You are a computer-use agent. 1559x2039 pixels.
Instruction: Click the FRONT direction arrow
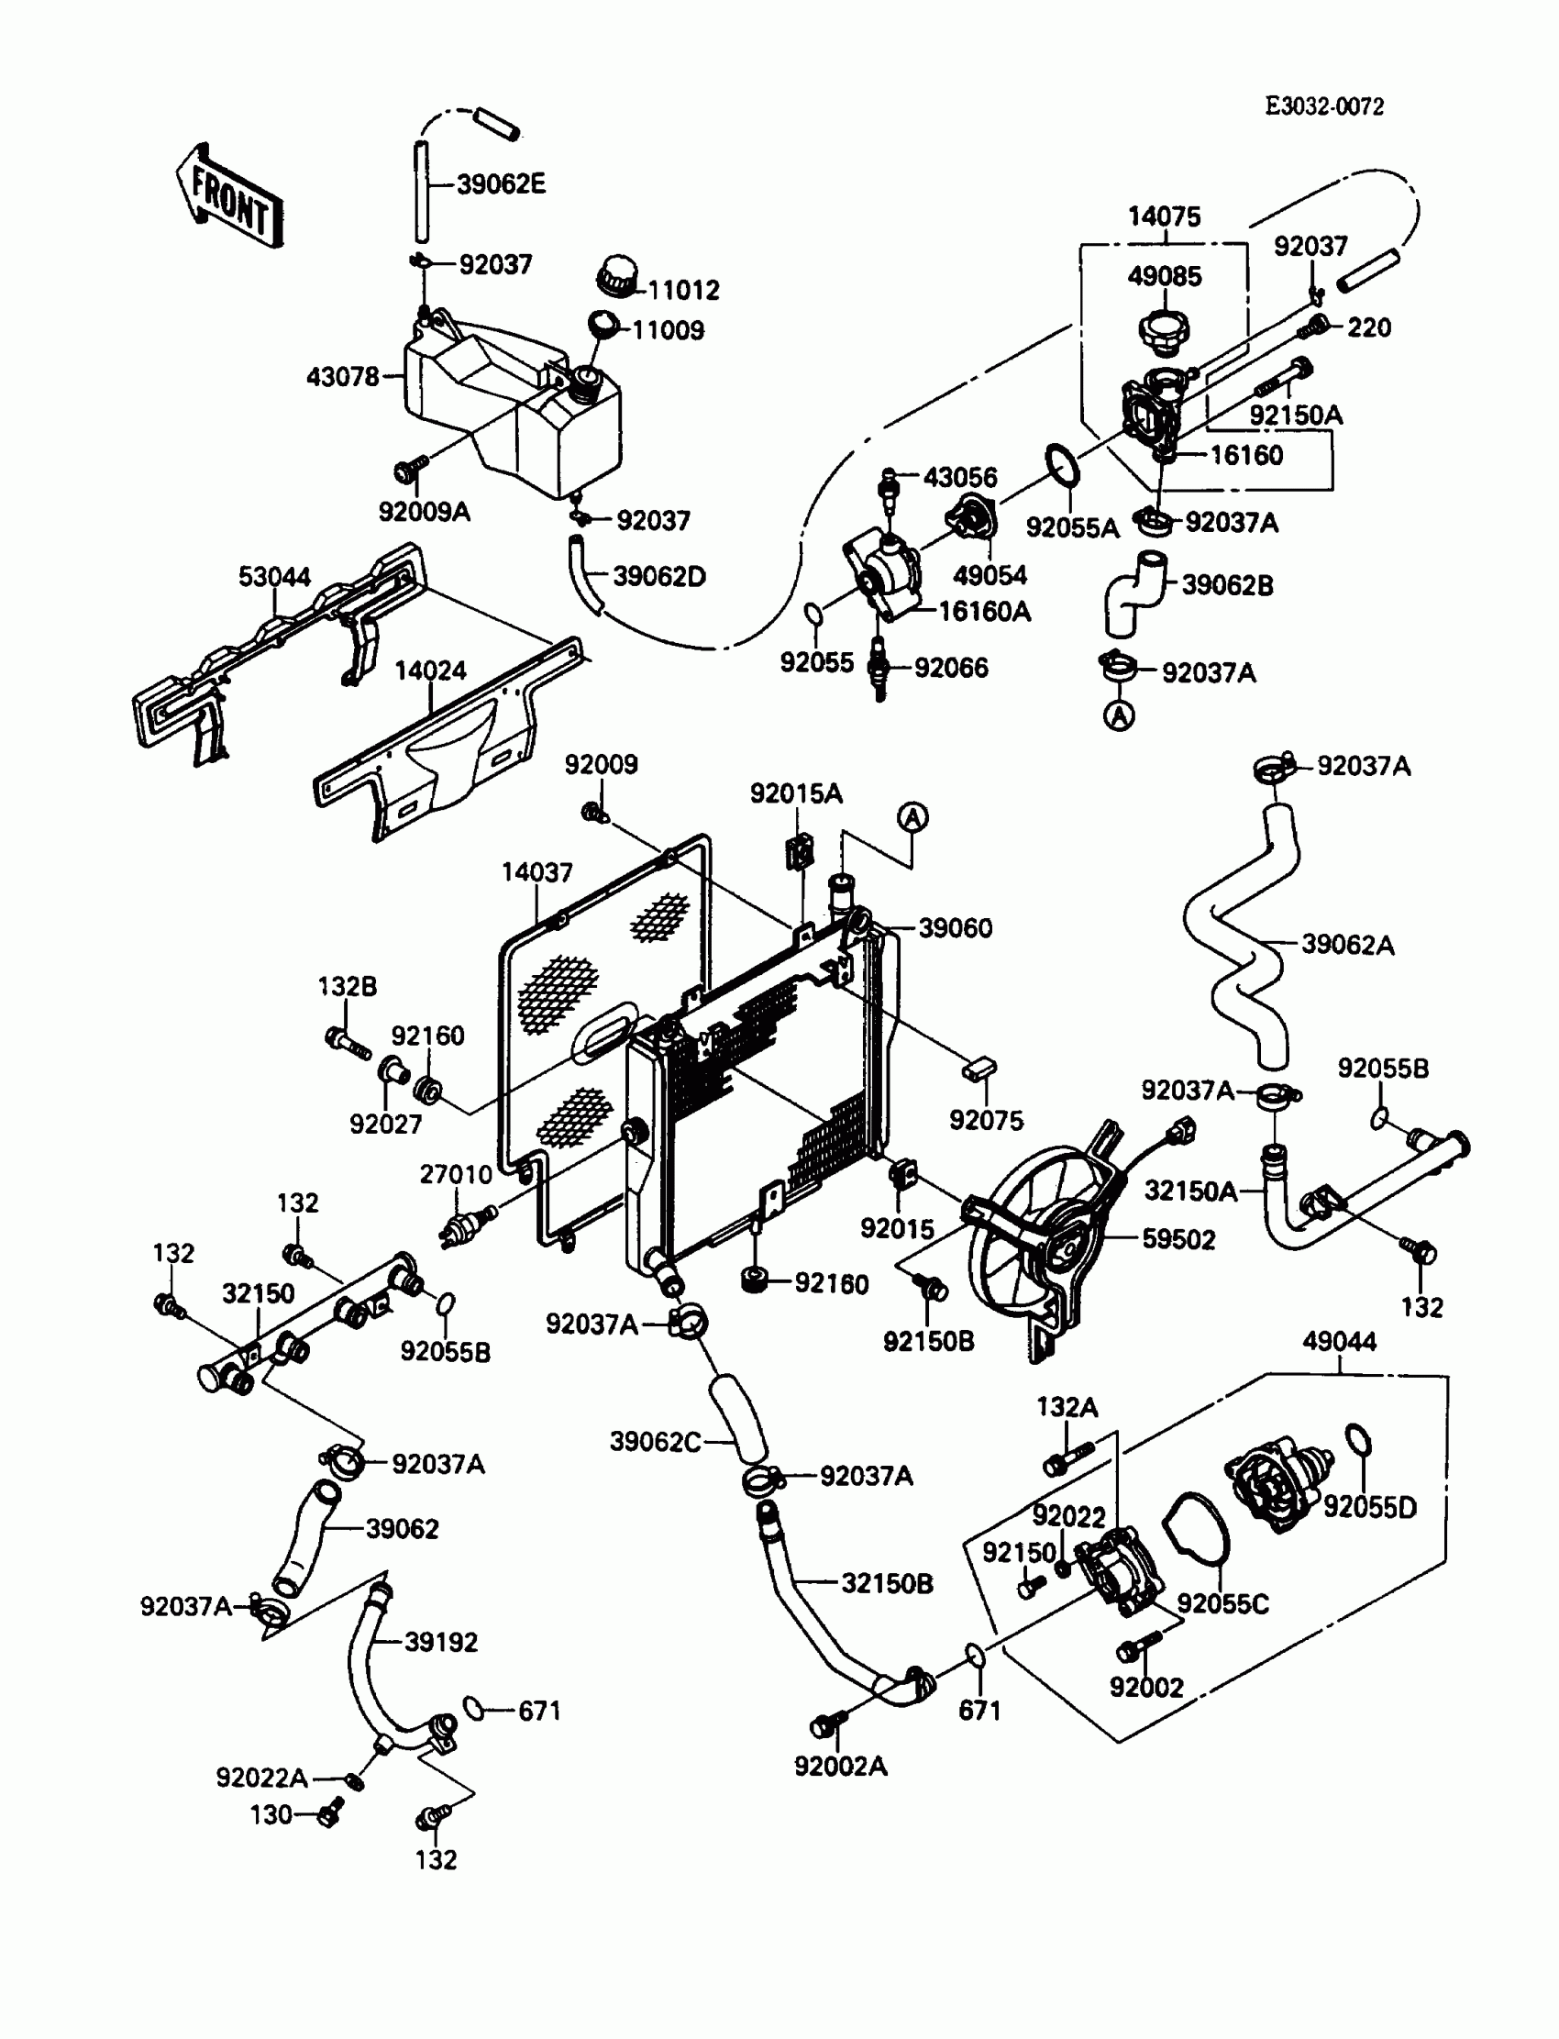coord(229,198)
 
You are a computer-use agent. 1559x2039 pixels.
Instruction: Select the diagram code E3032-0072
coord(1324,106)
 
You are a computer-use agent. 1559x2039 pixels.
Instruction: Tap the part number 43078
coord(342,377)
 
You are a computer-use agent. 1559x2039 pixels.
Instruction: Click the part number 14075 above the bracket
coord(1164,216)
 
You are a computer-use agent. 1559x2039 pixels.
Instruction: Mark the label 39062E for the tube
coord(501,183)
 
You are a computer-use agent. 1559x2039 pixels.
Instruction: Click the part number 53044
coord(275,576)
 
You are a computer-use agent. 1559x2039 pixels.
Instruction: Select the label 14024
coord(431,670)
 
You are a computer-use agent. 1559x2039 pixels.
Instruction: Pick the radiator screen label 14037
coord(537,872)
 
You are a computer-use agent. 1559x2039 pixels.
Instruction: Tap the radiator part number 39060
coord(955,928)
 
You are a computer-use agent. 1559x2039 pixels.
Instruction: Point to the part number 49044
coord(1339,1341)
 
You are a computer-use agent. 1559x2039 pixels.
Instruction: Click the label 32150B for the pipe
coord(887,1583)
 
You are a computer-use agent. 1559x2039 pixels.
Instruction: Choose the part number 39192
coord(441,1642)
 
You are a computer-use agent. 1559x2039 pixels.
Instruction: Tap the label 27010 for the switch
coord(456,1174)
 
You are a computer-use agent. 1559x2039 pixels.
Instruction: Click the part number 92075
coord(987,1120)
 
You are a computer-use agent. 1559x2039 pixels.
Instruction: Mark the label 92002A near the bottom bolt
coord(841,1767)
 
